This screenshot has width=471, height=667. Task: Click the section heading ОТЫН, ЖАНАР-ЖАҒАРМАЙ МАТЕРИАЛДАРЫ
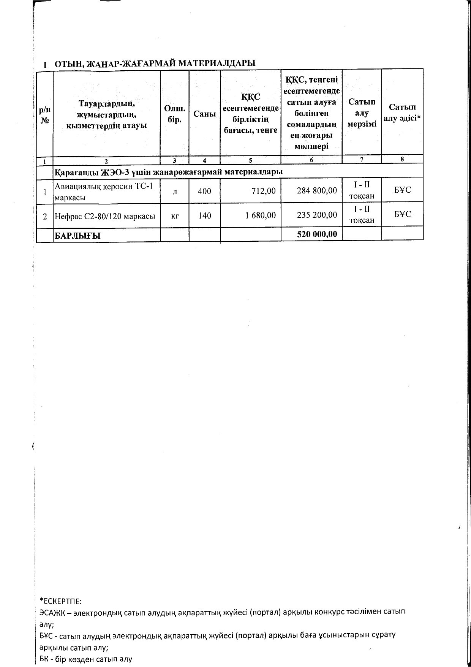coord(155,64)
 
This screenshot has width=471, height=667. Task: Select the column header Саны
coord(204,114)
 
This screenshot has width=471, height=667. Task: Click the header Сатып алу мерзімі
coord(362,113)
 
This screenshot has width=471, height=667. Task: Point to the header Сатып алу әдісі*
coord(402,112)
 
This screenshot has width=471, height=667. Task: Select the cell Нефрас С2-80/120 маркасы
coord(105,216)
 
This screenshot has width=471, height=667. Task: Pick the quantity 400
coord(204,191)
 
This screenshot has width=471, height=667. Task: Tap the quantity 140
coord(204,216)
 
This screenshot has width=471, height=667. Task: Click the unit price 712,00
coord(264,191)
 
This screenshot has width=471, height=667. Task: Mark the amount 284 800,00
coord(317,190)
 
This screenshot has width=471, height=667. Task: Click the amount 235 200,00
coord(317,215)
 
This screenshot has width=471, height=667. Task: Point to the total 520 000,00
coord(317,234)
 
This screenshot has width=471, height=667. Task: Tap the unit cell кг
coord(175,216)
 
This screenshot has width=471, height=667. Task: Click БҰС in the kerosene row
coord(402,190)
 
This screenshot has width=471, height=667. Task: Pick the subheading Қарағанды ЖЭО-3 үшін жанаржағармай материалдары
coord(169,172)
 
